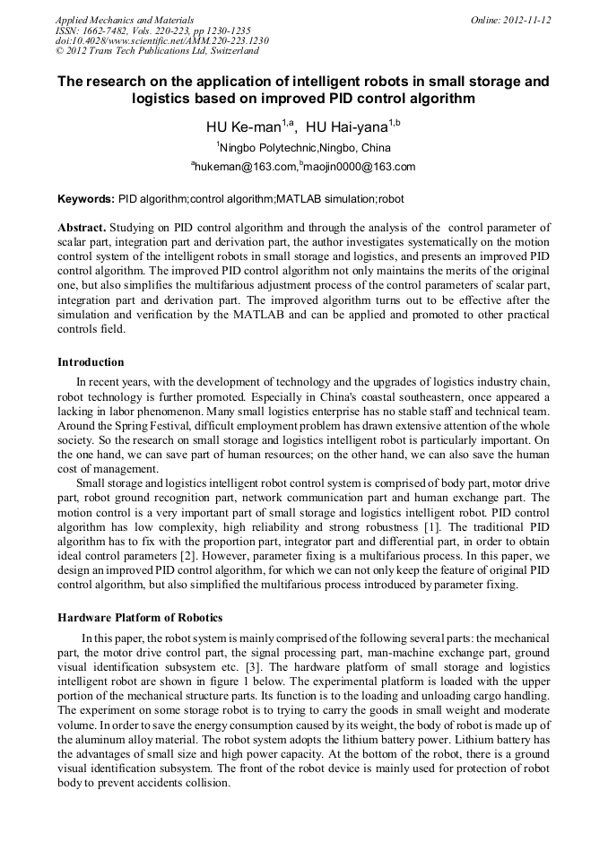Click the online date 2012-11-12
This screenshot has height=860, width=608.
tap(525, 20)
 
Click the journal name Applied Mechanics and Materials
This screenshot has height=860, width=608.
tap(125, 20)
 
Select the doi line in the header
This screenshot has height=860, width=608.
tap(161, 41)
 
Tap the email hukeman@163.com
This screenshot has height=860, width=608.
tap(245, 167)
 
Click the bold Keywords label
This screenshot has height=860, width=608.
tap(86, 197)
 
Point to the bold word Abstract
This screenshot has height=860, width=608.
tap(82, 228)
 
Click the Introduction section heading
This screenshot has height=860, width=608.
tap(91, 362)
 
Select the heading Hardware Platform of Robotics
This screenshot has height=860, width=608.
tap(140, 618)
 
